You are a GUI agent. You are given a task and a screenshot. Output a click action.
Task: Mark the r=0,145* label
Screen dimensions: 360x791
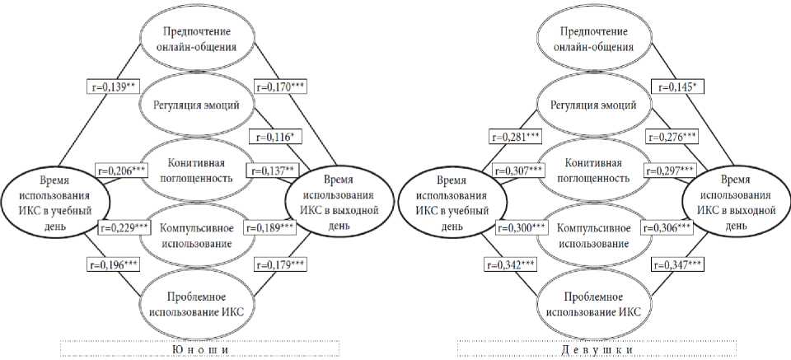point(678,86)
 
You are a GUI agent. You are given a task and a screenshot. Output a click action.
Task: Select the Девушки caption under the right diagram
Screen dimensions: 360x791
point(598,350)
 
